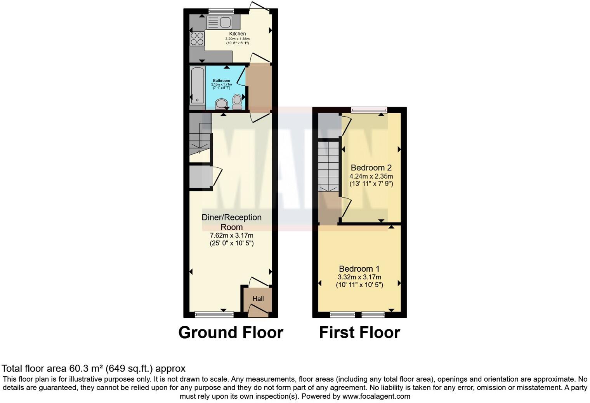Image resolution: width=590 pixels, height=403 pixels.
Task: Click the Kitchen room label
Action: point(237,34)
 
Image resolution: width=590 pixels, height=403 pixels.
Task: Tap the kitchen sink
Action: point(219,22)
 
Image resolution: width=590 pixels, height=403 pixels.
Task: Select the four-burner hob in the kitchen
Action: point(197,38)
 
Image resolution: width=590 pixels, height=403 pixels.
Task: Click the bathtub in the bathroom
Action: point(197,86)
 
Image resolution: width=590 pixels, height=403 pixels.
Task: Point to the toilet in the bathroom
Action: point(236,102)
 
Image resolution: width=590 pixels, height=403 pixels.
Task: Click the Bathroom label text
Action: point(221,81)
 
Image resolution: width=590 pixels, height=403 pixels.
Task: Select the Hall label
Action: point(258,299)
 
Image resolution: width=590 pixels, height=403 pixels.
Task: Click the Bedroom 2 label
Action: point(371,168)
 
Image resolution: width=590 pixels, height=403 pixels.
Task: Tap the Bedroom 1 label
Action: point(359,269)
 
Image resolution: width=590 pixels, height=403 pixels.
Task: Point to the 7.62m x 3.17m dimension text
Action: point(231,236)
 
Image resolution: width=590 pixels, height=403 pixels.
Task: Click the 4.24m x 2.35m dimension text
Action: point(371,176)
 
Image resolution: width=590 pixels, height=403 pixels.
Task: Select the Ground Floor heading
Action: point(231,332)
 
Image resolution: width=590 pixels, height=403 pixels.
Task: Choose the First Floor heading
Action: point(359,332)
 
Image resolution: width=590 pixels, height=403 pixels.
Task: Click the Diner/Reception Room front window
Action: point(214,314)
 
